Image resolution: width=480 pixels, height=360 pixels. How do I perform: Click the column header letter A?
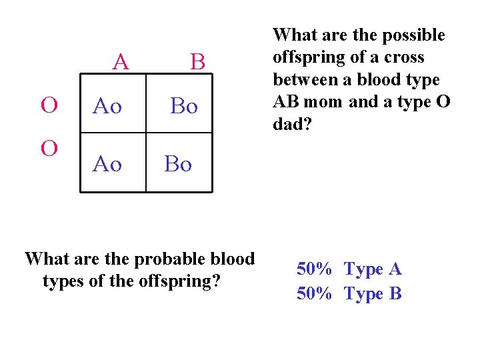(121, 62)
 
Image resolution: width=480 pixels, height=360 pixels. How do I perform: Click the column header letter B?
(197, 62)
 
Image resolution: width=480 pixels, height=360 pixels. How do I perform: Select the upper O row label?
(49, 105)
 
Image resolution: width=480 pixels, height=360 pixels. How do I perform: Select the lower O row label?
(49, 147)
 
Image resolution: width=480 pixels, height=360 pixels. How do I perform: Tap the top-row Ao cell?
(107, 105)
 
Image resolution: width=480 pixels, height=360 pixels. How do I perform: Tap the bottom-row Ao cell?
(107, 163)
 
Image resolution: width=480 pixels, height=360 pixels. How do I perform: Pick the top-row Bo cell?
(184, 105)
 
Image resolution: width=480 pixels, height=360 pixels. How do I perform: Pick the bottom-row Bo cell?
(178, 163)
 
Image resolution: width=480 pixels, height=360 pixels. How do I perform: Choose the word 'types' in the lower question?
(63, 281)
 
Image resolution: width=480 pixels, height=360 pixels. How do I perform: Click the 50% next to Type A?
(314, 269)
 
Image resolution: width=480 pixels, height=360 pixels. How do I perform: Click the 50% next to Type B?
(314, 293)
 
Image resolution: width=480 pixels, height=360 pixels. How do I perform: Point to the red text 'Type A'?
(373, 269)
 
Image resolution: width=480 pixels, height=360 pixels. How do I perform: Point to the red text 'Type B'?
(373, 293)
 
